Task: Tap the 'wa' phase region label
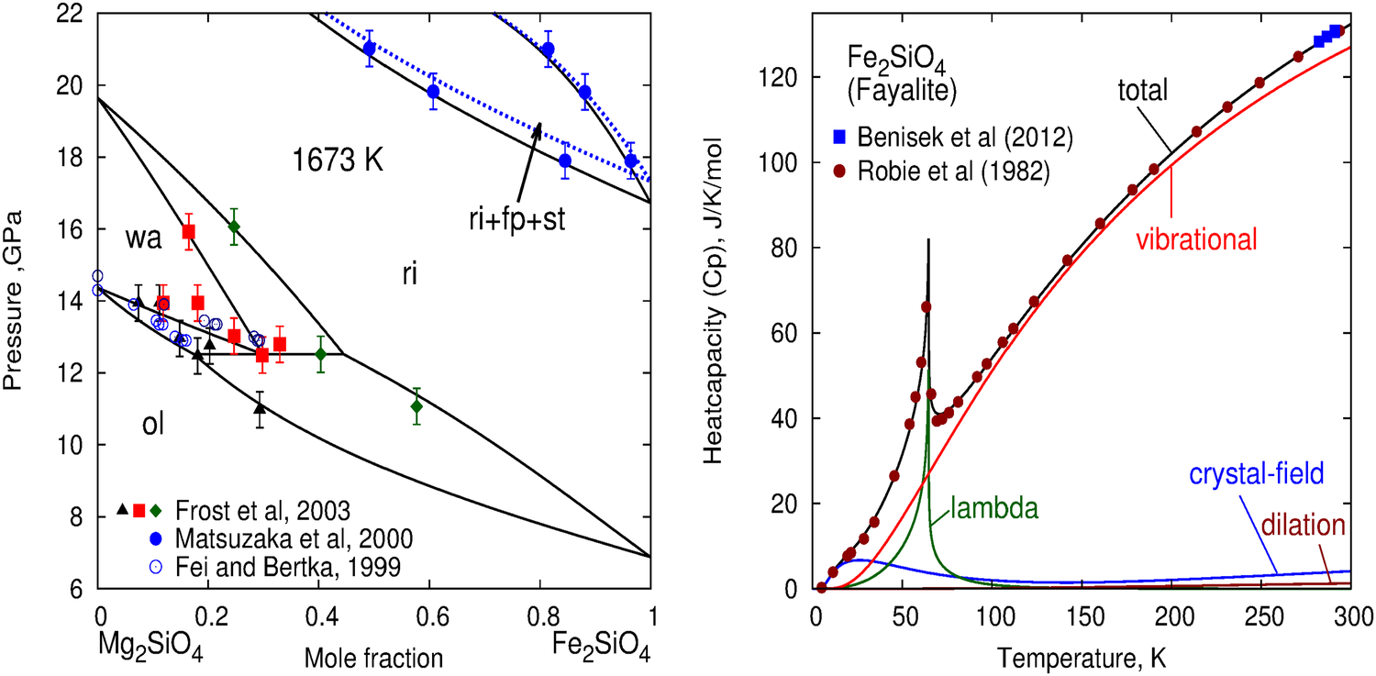pos(145,238)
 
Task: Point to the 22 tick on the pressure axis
pos(73,14)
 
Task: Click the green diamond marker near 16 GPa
pos(234,227)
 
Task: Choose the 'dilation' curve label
pos(1302,526)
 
